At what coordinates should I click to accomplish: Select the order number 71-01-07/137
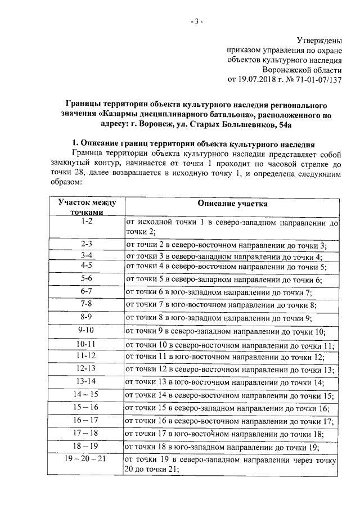(316, 79)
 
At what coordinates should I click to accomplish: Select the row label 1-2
(86, 222)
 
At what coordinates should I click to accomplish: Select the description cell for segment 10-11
(230, 345)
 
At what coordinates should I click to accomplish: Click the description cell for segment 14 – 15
(230, 396)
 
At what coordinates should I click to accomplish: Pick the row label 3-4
(86, 255)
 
